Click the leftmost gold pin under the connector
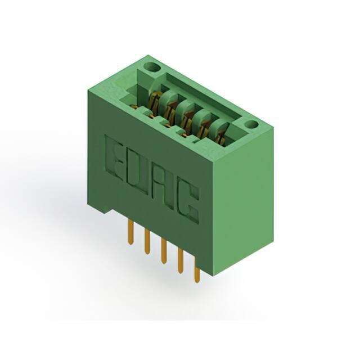pos(130,232)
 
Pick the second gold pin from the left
pos(147,242)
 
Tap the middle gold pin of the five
pos(164,251)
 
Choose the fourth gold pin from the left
pos(180,261)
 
